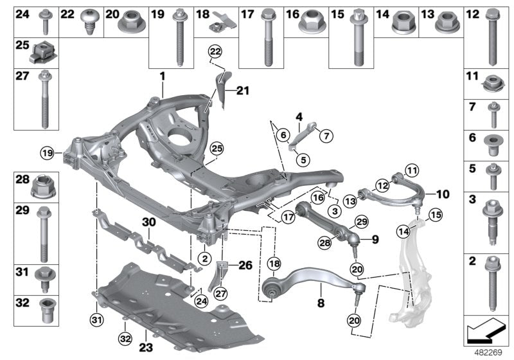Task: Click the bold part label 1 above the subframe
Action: (x=163, y=76)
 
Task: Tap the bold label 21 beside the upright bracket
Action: (x=242, y=91)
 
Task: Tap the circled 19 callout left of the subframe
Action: (x=47, y=153)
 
